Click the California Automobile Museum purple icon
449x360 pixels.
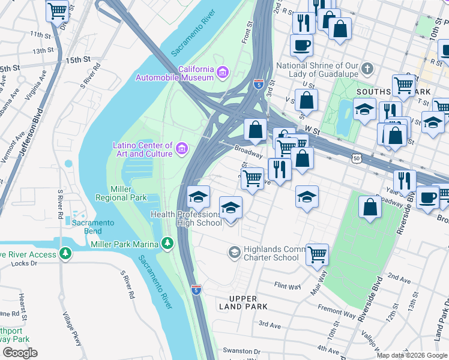[x=223, y=73]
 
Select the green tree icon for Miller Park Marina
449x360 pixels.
[x=167, y=244]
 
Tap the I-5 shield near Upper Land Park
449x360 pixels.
[x=196, y=289]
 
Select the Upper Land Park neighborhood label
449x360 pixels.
[x=243, y=302]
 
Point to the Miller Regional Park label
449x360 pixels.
[x=121, y=193]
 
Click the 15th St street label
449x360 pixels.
[x=77, y=60]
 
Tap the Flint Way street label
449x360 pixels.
[x=287, y=286]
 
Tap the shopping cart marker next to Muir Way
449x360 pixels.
[x=317, y=254]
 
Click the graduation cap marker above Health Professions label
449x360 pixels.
[x=198, y=196]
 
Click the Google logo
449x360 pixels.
[x=20, y=353]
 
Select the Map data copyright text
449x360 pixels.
[x=411, y=355]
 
